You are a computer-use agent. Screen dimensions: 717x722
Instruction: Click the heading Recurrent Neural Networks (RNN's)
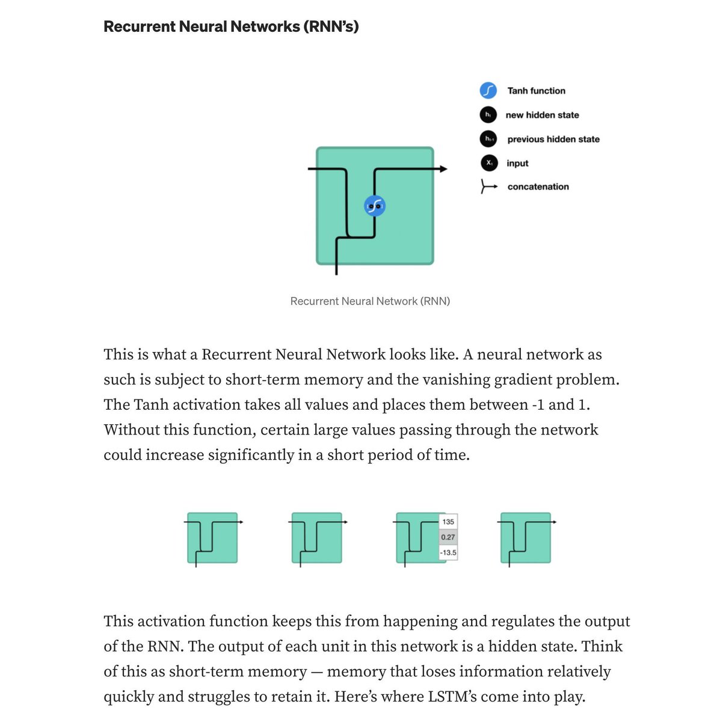(231, 26)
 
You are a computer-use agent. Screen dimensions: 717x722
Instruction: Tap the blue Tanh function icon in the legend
(488, 91)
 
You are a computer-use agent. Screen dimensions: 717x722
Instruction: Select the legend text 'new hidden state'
(542, 115)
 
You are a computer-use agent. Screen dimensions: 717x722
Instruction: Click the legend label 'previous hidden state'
(553, 139)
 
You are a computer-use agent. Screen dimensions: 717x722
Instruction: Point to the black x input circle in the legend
(489, 163)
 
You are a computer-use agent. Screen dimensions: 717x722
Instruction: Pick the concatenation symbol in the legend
(489, 186)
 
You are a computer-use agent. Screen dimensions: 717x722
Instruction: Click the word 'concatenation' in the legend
(538, 187)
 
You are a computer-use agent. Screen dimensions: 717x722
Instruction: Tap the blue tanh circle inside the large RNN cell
(375, 206)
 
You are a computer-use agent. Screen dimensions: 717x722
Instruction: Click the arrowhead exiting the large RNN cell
(443, 169)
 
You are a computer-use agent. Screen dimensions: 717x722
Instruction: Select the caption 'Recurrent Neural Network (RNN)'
(370, 301)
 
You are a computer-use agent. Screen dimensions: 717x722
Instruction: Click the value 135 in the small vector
(448, 522)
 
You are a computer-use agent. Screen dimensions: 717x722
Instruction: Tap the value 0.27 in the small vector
(448, 537)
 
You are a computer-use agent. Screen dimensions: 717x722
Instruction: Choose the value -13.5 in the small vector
(448, 553)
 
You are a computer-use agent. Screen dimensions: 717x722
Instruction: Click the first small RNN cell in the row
(212, 538)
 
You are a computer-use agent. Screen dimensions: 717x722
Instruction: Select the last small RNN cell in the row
(526, 538)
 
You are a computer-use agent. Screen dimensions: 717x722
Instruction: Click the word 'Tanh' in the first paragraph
(151, 405)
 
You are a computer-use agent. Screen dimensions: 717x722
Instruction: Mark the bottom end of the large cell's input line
(336, 274)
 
